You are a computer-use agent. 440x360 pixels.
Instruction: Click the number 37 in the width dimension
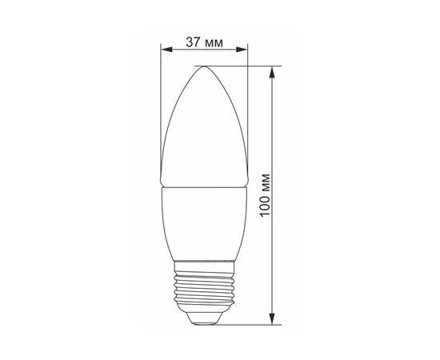tap(193, 42)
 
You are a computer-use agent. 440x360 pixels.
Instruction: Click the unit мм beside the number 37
tap(214, 44)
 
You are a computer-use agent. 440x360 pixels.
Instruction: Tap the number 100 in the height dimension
tap(265, 204)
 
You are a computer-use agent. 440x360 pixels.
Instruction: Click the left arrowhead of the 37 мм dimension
tap(166, 50)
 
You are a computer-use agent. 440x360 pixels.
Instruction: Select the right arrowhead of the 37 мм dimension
tap(242, 50)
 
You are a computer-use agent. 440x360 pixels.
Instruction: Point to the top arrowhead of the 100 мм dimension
tap(272, 72)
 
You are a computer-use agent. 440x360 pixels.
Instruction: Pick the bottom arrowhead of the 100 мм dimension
tap(272, 318)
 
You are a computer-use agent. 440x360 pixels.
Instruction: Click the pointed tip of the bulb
tap(204, 66)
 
